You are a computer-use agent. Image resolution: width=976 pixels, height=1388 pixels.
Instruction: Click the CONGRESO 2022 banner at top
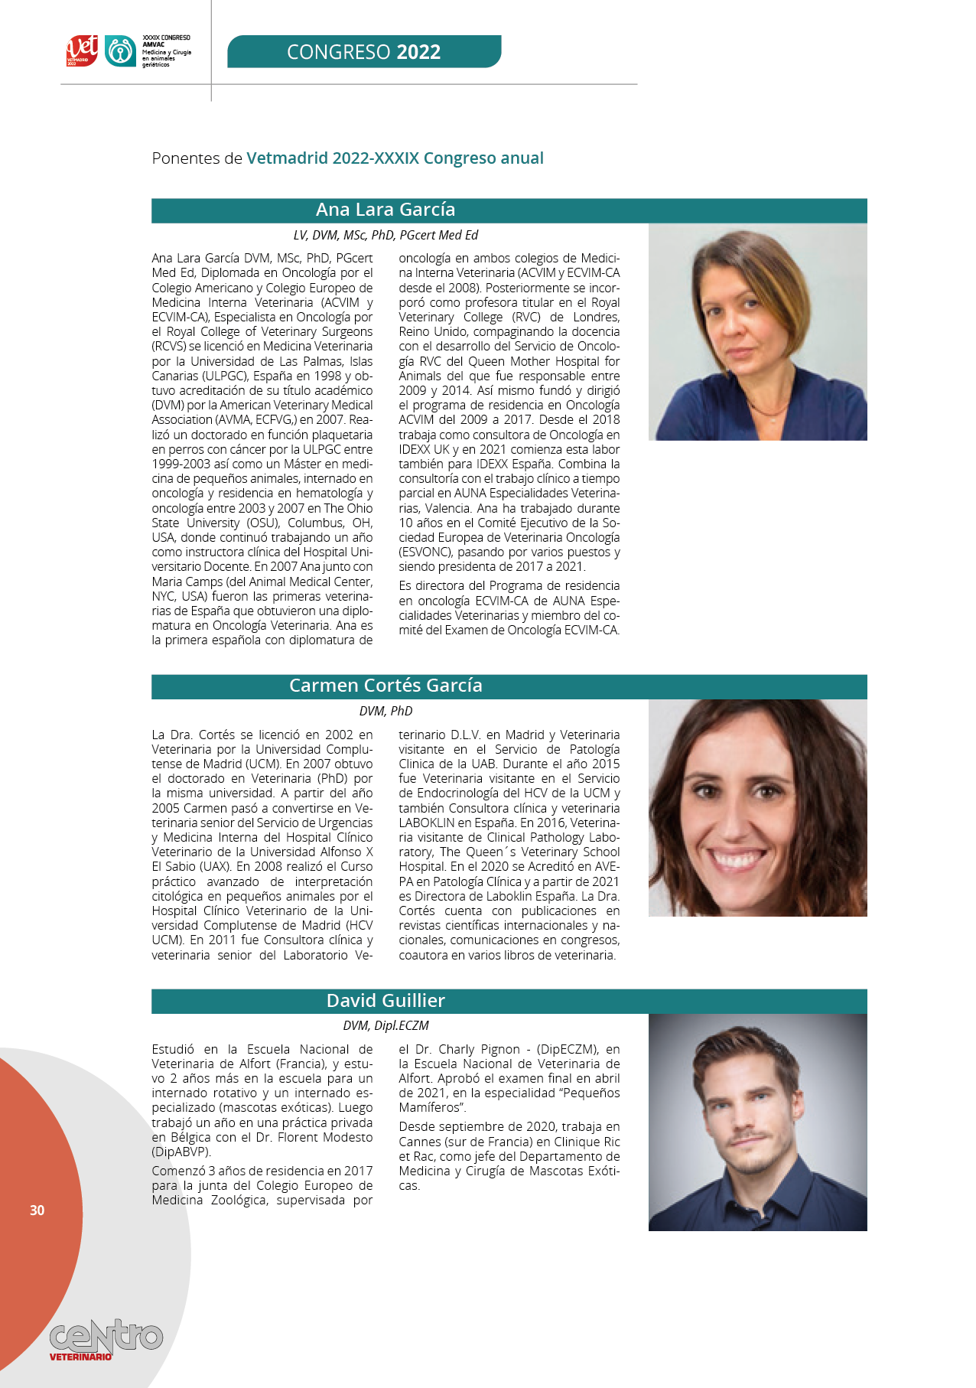(x=364, y=52)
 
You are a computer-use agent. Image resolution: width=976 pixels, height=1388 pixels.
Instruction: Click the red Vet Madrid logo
(x=82, y=51)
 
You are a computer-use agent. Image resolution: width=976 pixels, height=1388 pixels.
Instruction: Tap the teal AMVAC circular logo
(x=120, y=51)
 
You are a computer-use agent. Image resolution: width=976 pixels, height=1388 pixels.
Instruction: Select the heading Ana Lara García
(x=386, y=210)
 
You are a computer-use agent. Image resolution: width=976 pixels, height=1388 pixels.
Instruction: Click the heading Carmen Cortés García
(x=386, y=686)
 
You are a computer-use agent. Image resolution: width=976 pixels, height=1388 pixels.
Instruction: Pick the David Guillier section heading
(x=386, y=1001)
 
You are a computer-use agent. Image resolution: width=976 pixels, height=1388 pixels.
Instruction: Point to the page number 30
(x=37, y=1210)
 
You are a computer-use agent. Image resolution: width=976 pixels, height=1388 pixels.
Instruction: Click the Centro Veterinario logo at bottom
(x=106, y=1339)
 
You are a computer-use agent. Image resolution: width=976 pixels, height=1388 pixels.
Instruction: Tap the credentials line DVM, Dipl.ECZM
(x=386, y=1025)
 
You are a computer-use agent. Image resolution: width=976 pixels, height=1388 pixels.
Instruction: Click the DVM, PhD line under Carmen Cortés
(x=386, y=711)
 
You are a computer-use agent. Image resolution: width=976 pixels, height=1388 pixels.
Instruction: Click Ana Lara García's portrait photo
(x=757, y=331)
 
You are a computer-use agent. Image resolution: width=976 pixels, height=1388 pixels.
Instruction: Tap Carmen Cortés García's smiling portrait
(x=757, y=807)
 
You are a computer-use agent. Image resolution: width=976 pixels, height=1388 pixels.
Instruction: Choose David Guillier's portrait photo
(x=757, y=1122)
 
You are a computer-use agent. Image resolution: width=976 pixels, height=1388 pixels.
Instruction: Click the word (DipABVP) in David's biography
(x=181, y=1152)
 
